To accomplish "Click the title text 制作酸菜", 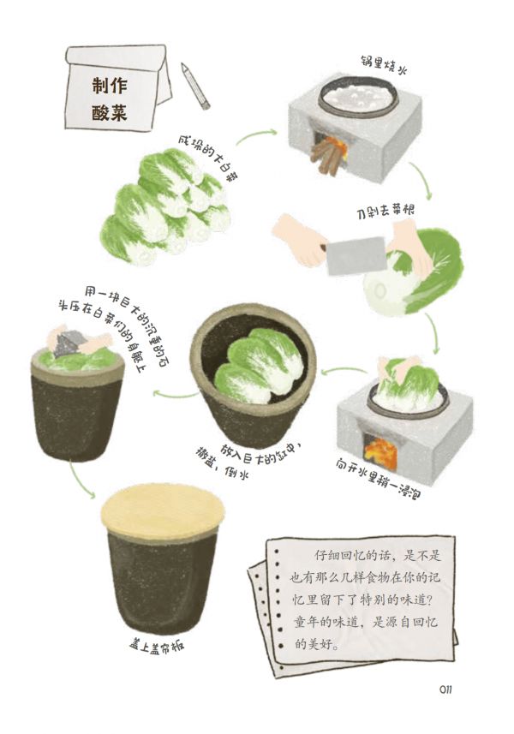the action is pyautogui.click(x=110, y=99).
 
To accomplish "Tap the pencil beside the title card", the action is pyautogui.click(x=195, y=87).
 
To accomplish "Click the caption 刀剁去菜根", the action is pyautogui.click(x=385, y=212).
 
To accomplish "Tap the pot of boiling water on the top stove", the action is pyautogui.click(x=355, y=97).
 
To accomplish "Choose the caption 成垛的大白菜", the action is pyautogui.click(x=209, y=160).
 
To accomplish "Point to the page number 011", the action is pyautogui.click(x=445, y=689).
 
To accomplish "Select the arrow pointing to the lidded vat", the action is pyautogui.click(x=82, y=480).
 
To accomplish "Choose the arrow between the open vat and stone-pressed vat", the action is pyautogui.click(x=176, y=395).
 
